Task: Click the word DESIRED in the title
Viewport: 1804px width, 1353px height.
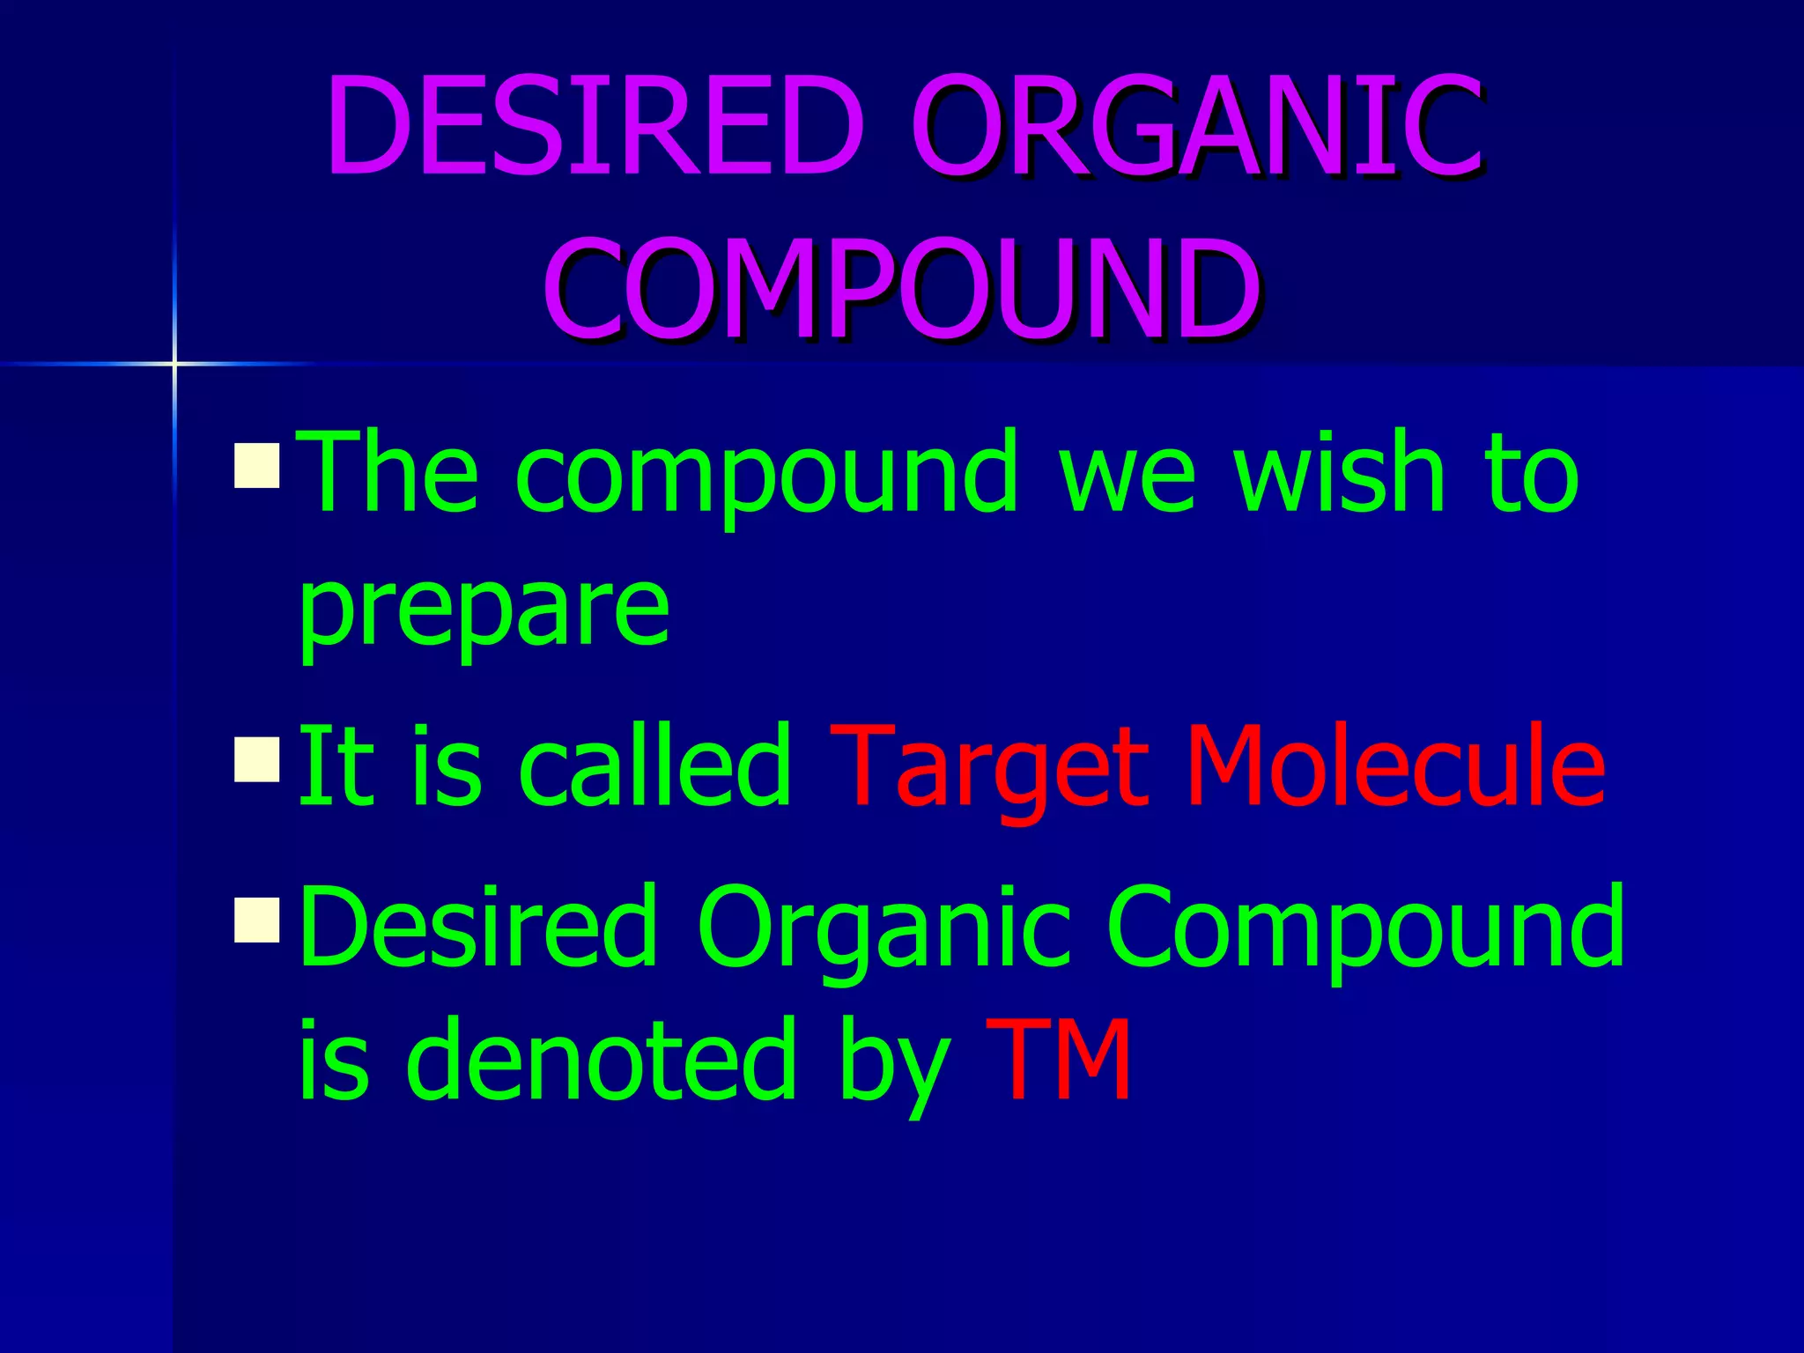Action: (x=595, y=125)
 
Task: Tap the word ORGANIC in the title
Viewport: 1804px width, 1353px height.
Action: (x=1196, y=125)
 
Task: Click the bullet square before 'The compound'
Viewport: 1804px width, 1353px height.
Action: (x=257, y=466)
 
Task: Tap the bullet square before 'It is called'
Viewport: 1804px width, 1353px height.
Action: (x=257, y=759)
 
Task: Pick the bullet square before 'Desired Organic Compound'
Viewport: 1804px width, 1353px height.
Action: (x=257, y=920)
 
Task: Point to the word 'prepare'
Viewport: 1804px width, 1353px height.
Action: (x=484, y=608)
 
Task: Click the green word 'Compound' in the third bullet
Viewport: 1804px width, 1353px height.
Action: (x=1365, y=929)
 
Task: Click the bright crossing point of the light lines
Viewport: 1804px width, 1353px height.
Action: (x=174, y=363)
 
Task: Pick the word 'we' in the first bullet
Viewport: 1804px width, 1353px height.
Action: (x=1127, y=480)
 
